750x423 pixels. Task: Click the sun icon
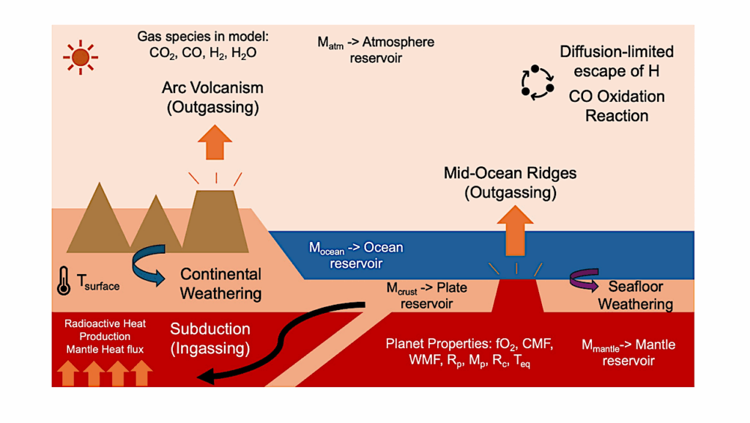point(80,56)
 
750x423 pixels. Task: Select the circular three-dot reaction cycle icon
point(538,81)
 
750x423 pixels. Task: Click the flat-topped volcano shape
point(214,220)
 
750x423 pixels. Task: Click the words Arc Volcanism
point(212,88)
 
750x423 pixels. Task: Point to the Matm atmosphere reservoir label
point(375,50)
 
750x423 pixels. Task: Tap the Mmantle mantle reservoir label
point(628,352)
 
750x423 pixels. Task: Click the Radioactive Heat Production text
point(105,329)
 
